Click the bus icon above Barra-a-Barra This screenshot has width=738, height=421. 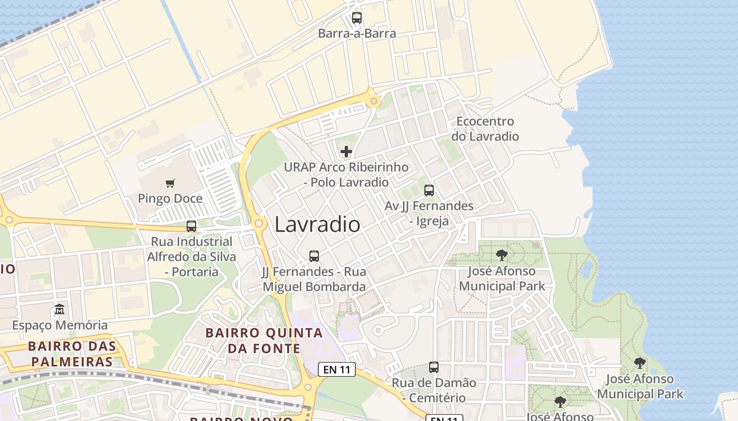coord(357,18)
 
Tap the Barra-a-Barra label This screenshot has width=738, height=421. coord(357,34)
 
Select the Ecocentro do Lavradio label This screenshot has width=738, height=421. coord(485,129)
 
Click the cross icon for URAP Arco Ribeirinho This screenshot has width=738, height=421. coord(346,152)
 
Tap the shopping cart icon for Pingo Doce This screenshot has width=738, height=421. coord(170,184)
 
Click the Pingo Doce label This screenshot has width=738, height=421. coord(170,199)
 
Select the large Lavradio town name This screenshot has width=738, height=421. coord(318,225)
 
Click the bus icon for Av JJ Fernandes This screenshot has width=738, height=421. coord(429,191)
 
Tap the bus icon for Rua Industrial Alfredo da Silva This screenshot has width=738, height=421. coord(191,226)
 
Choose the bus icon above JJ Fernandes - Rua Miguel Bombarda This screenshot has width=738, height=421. coord(314,256)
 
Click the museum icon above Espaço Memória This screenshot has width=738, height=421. coord(60,309)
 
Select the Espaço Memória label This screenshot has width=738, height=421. coord(60,325)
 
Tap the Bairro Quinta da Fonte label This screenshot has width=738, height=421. coord(264,340)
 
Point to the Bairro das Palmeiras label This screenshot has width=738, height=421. coord(72,354)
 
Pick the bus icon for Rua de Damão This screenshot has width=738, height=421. coord(434,367)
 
